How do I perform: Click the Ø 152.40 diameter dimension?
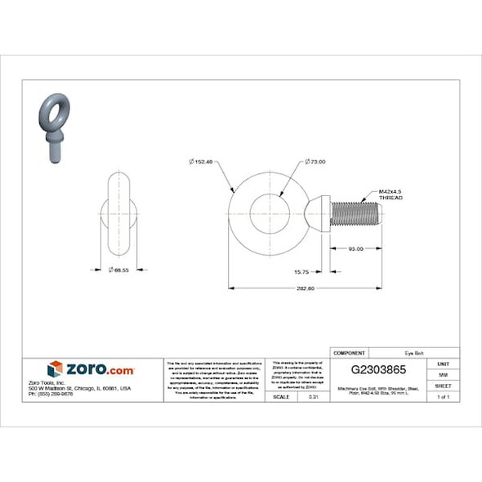coord(200,163)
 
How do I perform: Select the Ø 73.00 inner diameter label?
coord(314,163)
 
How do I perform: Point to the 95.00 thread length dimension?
coord(355,248)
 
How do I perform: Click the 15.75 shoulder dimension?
coord(300,271)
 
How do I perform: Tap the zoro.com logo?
coord(90,370)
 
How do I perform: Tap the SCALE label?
coord(281,396)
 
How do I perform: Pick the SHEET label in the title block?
coord(443,385)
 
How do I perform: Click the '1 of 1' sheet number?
coord(443,396)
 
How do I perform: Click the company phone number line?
coord(51,395)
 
